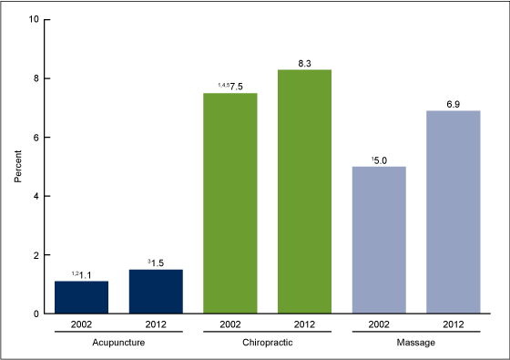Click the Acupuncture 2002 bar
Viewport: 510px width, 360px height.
click(81, 297)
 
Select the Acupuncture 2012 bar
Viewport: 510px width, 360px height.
click(155, 292)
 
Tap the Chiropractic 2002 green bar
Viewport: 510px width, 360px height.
click(230, 203)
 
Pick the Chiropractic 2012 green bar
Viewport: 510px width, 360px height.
click(304, 191)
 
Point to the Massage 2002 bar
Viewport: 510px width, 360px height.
click(379, 240)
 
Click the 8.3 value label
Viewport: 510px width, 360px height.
click(304, 63)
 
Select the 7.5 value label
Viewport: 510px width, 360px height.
click(234, 87)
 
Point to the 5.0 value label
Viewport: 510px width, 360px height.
click(382, 160)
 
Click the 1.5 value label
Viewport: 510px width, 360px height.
click(158, 262)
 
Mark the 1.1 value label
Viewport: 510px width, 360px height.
click(85, 274)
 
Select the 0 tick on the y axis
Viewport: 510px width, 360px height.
click(35, 314)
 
